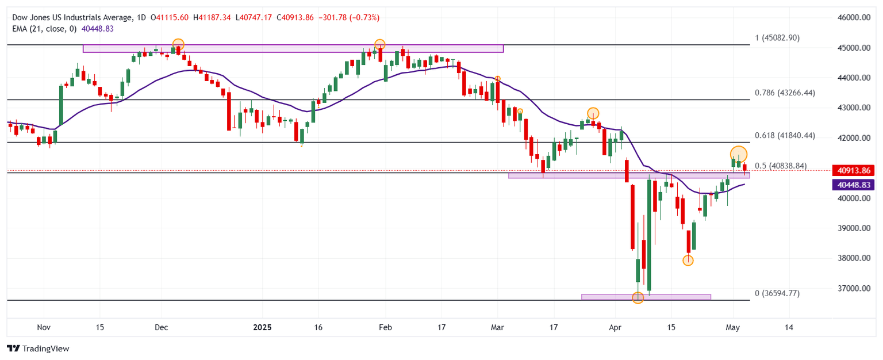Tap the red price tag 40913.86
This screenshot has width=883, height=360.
click(x=853, y=170)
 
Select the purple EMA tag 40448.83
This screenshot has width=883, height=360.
click(x=853, y=185)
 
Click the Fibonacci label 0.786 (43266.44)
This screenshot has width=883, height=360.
click(x=785, y=93)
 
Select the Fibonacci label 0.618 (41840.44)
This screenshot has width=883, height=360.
click(x=785, y=135)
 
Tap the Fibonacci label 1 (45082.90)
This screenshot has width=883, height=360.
click(x=777, y=38)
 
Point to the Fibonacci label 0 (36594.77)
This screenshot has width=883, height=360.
click(x=777, y=293)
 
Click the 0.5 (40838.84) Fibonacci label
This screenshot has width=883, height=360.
click(x=781, y=166)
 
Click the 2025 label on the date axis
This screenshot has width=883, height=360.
click(x=262, y=327)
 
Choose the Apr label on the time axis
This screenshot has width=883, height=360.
click(x=615, y=327)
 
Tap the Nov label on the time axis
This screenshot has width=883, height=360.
click(x=44, y=327)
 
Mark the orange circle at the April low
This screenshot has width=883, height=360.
click(x=638, y=297)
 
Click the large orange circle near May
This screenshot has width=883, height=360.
click(x=739, y=154)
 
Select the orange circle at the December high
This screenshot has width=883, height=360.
click(x=178, y=44)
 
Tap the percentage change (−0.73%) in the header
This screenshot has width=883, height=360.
click(x=363, y=18)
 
